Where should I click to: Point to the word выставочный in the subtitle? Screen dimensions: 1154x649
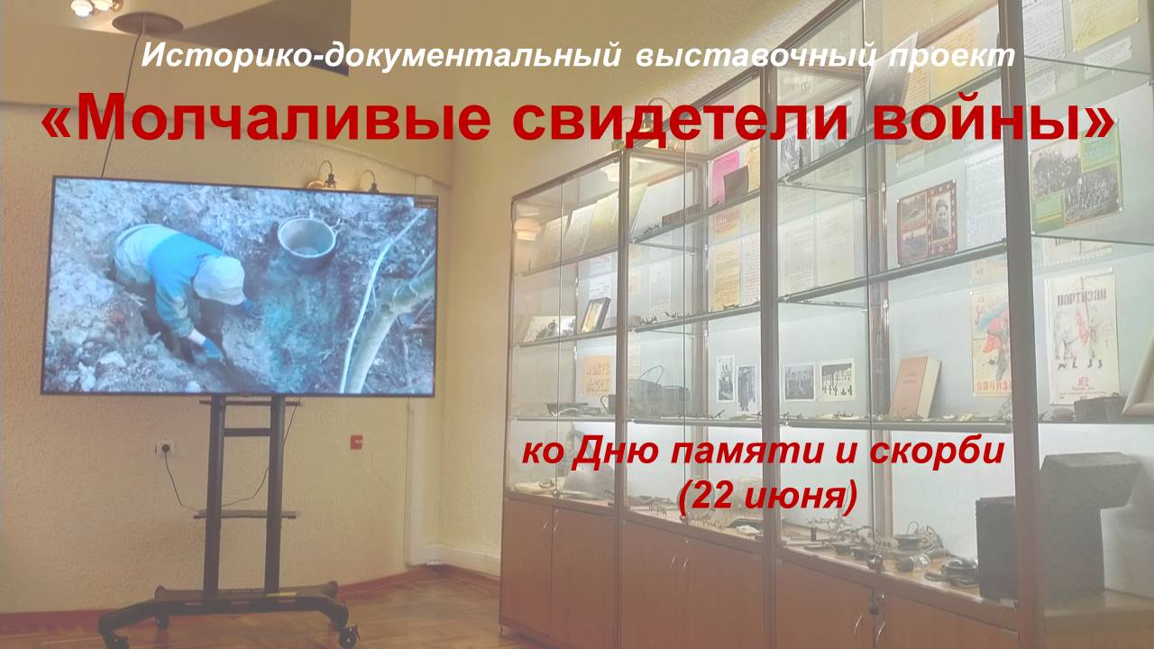755,56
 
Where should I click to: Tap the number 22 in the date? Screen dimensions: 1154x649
709,496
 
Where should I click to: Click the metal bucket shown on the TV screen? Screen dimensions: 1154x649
306,242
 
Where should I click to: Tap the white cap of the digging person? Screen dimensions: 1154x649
219,280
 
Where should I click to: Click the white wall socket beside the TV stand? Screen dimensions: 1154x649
165,448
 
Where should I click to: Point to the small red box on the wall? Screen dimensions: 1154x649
356,441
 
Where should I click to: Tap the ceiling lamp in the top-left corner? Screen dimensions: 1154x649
92,6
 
